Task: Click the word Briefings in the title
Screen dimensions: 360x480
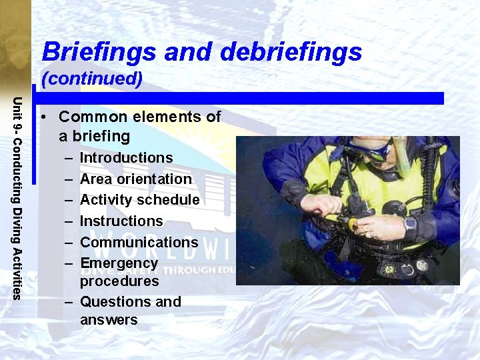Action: pos(99,51)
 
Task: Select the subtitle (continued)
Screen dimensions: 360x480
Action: pos(92,79)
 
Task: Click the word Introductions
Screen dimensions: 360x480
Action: pos(126,158)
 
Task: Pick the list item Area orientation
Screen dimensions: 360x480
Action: pos(135,179)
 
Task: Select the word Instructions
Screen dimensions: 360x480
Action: pos(121,221)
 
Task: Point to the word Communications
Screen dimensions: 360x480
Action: pos(139,243)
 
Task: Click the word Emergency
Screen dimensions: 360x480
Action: pos(119,263)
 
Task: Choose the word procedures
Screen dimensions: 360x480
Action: pos(119,281)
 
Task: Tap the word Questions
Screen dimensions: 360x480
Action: pos(107,302)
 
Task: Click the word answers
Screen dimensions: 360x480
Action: pos(109,320)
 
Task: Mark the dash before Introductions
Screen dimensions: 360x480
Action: pos(69,159)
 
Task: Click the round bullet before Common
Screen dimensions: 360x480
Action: pos(43,117)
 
